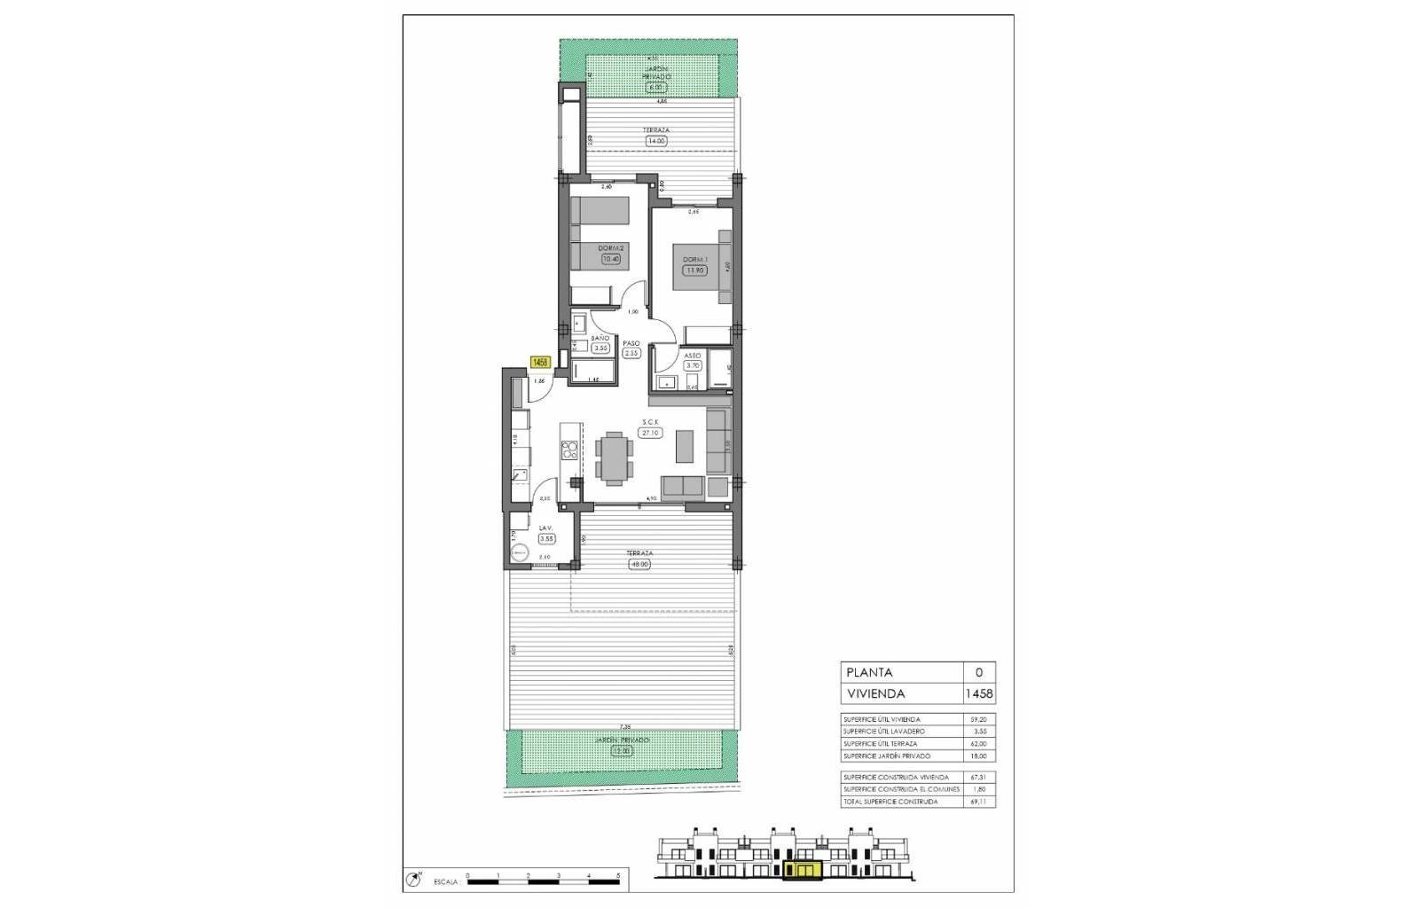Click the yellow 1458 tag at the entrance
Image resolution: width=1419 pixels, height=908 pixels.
point(540,362)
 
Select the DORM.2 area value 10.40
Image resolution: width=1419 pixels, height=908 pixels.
point(610,259)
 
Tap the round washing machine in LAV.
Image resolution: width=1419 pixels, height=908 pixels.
point(519,552)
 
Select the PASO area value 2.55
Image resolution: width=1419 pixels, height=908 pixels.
point(631,353)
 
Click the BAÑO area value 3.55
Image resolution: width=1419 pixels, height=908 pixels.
point(600,348)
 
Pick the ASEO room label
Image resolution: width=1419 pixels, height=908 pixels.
point(693,356)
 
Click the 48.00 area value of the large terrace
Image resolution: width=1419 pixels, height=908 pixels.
point(639,564)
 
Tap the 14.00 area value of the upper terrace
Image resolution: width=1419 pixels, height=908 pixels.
point(656,140)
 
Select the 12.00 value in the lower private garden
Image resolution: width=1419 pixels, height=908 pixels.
point(623,750)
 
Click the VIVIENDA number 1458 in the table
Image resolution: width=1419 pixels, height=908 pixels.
point(979,694)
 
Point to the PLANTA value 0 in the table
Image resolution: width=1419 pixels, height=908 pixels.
point(979,673)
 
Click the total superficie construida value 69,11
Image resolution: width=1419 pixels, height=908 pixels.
point(979,802)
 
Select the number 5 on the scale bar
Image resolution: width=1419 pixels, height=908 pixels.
point(618,875)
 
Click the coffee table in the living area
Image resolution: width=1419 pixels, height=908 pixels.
point(686,446)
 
